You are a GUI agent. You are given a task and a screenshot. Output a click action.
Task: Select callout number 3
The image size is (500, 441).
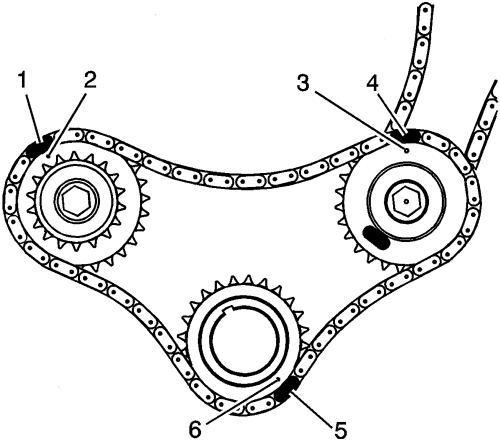(303, 83)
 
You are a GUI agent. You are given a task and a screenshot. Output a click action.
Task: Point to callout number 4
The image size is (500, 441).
(372, 84)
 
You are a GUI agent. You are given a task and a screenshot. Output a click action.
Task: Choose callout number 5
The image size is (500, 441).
(339, 430)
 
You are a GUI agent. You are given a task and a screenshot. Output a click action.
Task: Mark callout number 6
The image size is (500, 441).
(195, 429)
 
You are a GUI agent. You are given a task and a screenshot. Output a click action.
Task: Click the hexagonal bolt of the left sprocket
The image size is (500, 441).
(76, 201)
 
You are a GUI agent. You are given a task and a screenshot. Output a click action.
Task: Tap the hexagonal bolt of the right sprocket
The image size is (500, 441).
(406, 201)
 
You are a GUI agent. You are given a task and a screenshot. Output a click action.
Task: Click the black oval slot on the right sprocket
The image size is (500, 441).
(377, 237)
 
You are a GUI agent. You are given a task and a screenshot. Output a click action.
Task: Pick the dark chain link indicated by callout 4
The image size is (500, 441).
(405, 135)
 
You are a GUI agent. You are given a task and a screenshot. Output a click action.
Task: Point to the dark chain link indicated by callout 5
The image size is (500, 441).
(287, 389)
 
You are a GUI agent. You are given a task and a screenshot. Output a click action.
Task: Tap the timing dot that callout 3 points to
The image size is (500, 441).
(406, 151)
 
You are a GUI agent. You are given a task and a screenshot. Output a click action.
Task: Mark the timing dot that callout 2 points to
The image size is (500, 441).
(49, 155)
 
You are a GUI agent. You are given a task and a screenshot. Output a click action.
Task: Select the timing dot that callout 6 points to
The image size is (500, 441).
(278, 379)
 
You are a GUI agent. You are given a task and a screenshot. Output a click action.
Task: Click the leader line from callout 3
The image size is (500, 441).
(359, 121)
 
